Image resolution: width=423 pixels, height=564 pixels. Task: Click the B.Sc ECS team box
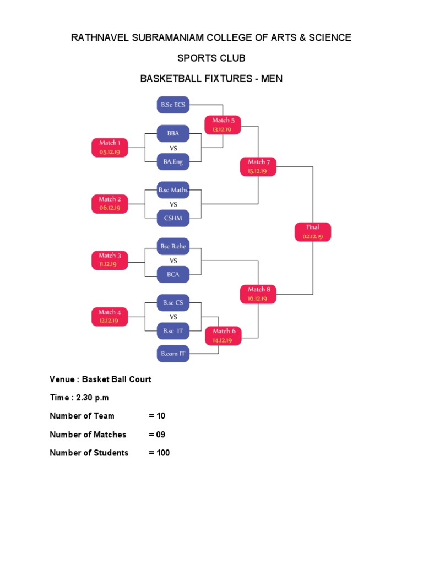pos(173,104)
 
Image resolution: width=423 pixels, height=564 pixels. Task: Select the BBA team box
pos(173,133)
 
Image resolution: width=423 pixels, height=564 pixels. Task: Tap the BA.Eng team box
pos(173,161)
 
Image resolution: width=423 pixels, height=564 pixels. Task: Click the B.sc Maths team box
pos(173,190)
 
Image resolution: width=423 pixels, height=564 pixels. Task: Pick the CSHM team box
pos(173,218)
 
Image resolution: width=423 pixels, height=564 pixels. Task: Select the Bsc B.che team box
pos(173,247)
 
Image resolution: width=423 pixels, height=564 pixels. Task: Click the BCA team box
pos(173,274)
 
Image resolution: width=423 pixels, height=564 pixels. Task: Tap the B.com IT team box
pos(173,354)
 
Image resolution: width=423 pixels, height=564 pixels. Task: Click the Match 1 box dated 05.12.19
pos(110,147)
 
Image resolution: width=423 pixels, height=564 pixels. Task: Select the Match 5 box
pos(223,124)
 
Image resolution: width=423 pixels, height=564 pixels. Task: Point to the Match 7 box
pos(258,166)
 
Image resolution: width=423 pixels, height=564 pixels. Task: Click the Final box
pos(312,231)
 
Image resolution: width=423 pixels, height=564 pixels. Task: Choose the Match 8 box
pos(258,294)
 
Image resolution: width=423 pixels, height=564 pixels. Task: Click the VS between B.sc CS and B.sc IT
pos(173,317)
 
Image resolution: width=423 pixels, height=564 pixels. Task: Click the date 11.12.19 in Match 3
pos(110,264)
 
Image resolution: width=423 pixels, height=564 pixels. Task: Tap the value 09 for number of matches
pos(160,435)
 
